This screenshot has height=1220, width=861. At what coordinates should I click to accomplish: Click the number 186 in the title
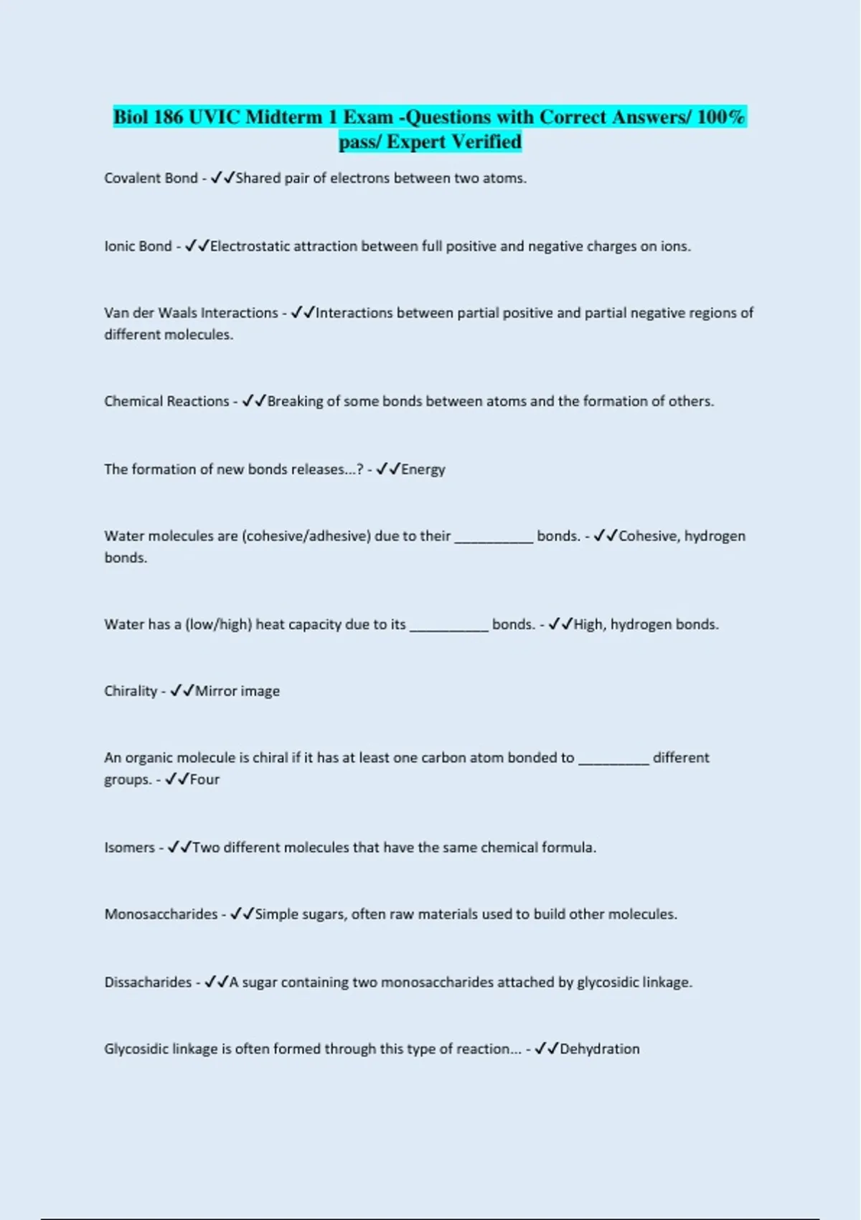pyautogui.click(x=169, y=117)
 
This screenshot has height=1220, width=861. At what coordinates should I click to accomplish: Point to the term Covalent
pyautogui.click(x=130, y=178)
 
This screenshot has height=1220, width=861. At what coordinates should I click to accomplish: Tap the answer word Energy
pyautogui.click(x=423, y=469)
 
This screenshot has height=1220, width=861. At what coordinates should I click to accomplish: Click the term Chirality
pyautogui.click(x=130, y=691)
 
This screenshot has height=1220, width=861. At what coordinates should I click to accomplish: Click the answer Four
pyautogui.click(x=204, y=779)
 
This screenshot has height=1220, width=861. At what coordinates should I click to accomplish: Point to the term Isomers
pyautogui.click(x=129, y=848)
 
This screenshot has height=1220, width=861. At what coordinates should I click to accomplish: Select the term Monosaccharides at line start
pyautogui.click(x=161, y=914)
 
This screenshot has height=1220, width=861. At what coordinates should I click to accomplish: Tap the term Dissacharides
pyautogui.click(x=148, y=982)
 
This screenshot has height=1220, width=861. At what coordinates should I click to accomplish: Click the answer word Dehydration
pyautogui.click(x=599, y=1049)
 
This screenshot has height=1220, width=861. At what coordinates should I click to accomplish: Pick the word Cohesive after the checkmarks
pyautogui.click(x=648, y=536)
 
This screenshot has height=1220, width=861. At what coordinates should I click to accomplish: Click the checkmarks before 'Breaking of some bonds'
pyautogui.click(x=254, y=401)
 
